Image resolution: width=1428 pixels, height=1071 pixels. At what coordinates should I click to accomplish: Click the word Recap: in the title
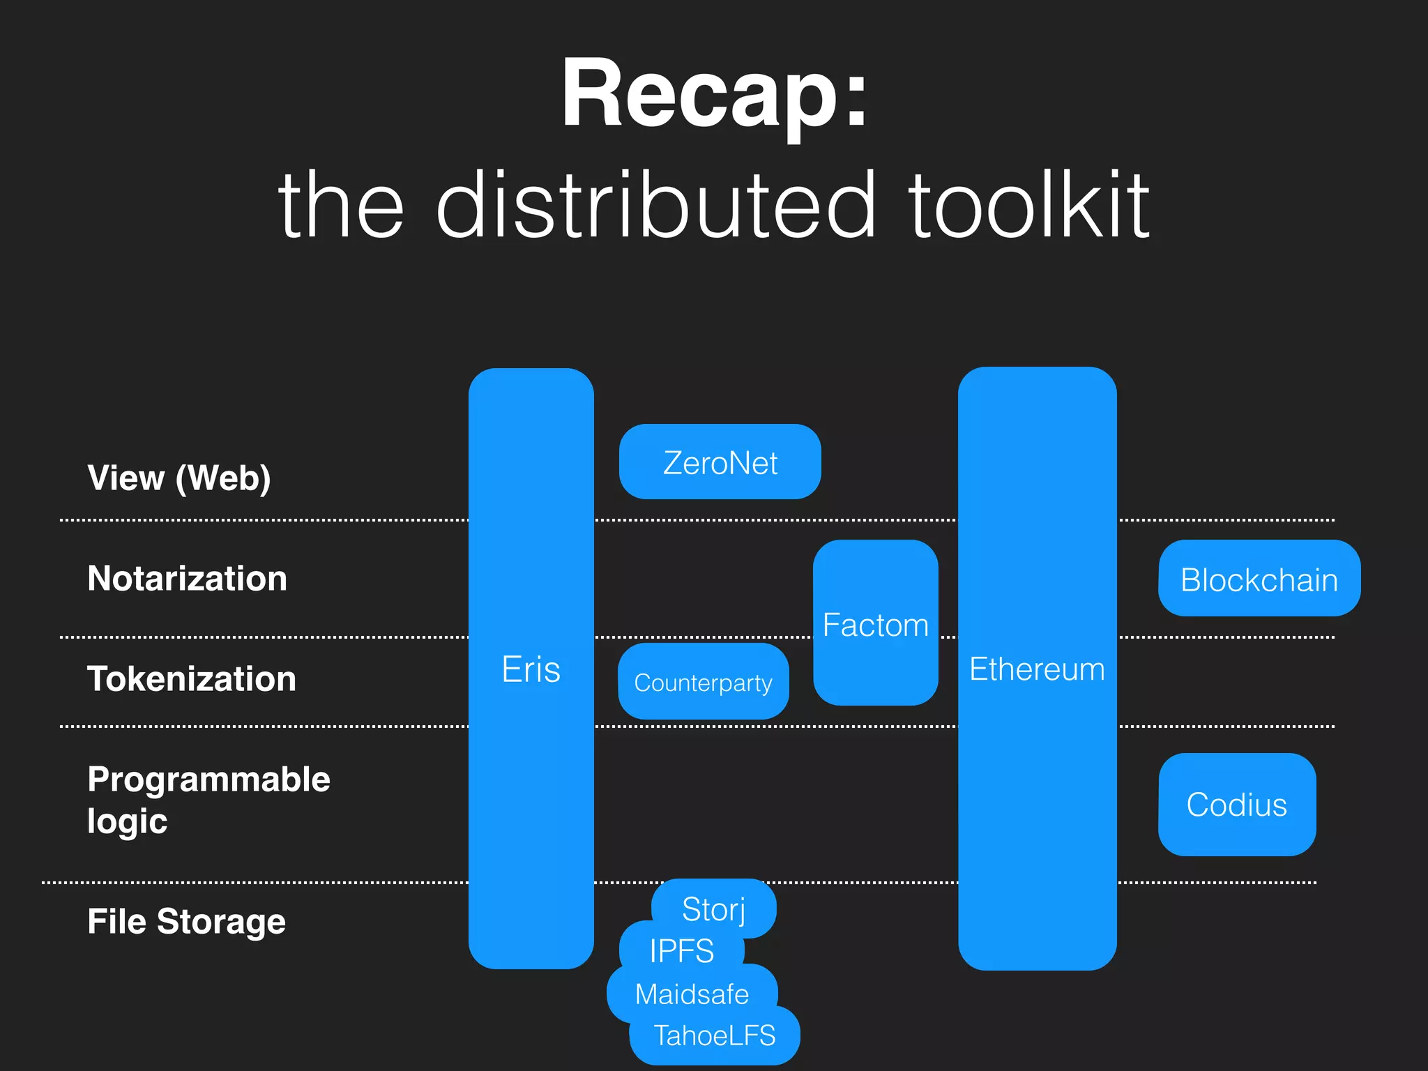click(x=715, y=94)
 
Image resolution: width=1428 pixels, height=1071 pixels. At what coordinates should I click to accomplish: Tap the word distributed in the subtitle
click(x=655, y=206)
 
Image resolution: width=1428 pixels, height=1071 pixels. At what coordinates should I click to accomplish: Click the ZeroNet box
click(x=720, y=462)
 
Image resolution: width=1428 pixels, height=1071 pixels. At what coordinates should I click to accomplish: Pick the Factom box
click(x=875, y=623)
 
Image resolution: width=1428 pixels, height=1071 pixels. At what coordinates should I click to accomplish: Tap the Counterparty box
click(x=703, y=682)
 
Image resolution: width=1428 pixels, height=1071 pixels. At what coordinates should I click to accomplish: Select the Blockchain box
click(x=1259, y=579)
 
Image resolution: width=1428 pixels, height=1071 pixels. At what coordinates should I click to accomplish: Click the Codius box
click(x=1236, y=805)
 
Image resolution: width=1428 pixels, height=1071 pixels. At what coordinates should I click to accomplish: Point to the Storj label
click(x=714, y=909)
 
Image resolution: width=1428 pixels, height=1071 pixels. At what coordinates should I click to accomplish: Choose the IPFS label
click(x=681, y=950)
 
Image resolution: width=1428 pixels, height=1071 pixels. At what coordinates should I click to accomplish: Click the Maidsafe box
click(x=692, y=994)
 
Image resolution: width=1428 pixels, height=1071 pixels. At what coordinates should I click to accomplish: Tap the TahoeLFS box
click(x=714, y=1035)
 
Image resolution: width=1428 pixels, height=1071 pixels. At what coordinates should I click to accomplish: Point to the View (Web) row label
click(x=179, y=478)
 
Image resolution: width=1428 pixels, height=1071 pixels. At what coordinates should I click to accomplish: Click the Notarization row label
click(x=187, y=579)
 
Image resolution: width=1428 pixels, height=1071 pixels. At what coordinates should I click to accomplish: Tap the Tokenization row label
click(x=192, y=679)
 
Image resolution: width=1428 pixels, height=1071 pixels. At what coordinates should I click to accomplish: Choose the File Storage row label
click(x=186, y=921)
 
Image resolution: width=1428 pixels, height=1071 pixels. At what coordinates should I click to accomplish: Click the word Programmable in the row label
click(x=208, y=779)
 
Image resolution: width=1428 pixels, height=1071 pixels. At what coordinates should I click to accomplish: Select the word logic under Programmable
click(x=127, y=821)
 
